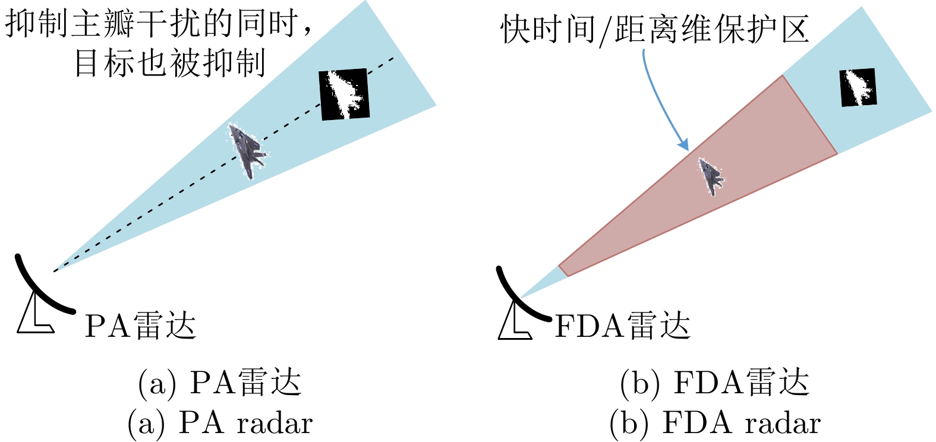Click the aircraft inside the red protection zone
pyautogui.click(x=711, y=176)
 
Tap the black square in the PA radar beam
pyautogui.click(x=345, y=94)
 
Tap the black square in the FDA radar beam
pyautogui.click(x=858, y=87)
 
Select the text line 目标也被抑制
pyautogui.click(x=169, y=62)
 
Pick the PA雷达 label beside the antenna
pyautogui.click(x=140, y=326)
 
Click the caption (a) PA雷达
pyautogui.click(x=219, y=383)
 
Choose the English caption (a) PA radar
pyautogui.click(x=219, y=423)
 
